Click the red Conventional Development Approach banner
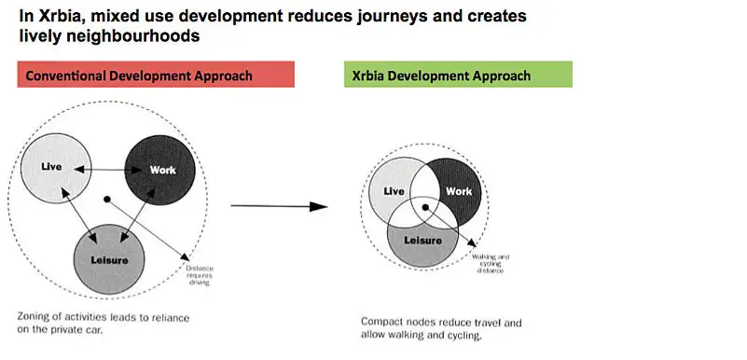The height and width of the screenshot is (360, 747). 156,75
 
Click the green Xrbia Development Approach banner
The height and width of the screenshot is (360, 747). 457,75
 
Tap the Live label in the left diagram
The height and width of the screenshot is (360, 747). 52,167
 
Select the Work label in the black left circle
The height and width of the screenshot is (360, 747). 162,170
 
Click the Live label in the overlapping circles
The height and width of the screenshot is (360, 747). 394,191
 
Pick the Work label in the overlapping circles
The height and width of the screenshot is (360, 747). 459,191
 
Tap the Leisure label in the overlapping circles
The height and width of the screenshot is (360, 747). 422,240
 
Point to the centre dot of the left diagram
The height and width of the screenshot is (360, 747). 108,199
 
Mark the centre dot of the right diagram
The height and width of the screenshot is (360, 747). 424,206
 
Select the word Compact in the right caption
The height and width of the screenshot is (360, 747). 383,323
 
